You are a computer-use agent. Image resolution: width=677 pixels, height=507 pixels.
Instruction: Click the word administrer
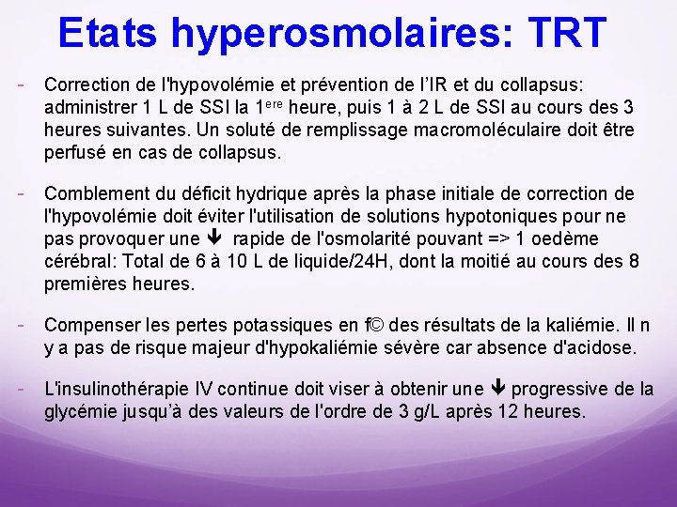tap(88, 106)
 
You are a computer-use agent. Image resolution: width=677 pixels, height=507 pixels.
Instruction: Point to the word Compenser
tap(91, 326)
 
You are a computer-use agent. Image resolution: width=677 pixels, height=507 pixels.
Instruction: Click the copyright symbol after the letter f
tap(375, 326)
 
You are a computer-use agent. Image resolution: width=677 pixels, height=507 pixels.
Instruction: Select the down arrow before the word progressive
tap(498, 390)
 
